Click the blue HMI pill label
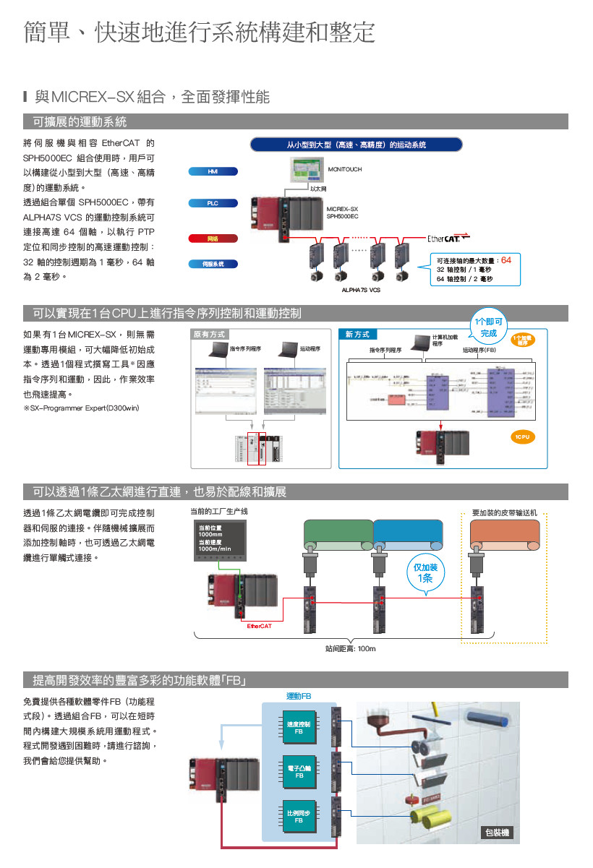click(x=212, y=171)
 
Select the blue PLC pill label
click(x=212, y=204)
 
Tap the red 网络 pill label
click(x=212, y=238)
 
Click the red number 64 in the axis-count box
click(x=505, y=259)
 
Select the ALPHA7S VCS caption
click(x=361, y=290)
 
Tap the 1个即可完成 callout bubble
click(x=488, y=327)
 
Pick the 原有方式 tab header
click(x=210, y=335)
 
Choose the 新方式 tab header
click(x=357, y=335)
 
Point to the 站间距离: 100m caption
click(x=351, y=648)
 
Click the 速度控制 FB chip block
click(x=298, y=727)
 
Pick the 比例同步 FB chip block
click(x=298, y=816)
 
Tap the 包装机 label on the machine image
click(x=496, y=833)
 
